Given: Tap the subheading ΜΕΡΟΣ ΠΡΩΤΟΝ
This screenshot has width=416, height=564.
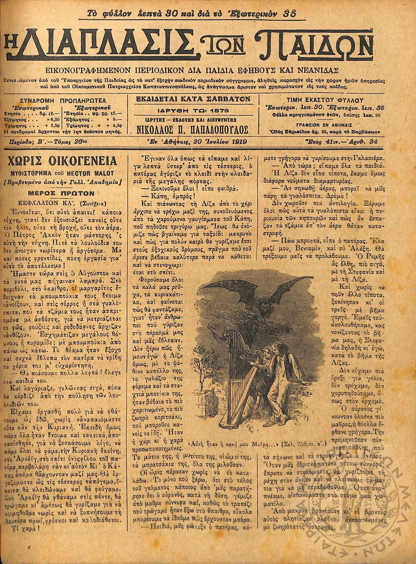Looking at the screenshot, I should click(x=64, y=193).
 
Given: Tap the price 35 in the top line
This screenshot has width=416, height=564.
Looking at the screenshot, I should click(x=290, y=14).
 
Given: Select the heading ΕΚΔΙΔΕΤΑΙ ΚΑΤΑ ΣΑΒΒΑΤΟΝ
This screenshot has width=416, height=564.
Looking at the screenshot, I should click(x=193, y=99).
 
